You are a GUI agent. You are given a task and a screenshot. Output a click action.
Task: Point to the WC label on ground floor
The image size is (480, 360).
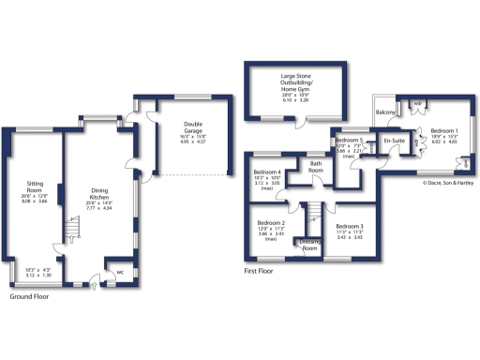[120, 274]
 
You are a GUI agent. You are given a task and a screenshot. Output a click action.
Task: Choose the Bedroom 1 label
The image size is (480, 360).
[443, 130]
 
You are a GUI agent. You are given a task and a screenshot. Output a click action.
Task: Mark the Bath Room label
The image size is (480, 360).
[317, 168]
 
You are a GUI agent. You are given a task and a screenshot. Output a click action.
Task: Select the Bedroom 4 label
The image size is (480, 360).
[268, 172]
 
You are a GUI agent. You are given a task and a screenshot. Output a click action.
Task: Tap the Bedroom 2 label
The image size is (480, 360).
[271, 223]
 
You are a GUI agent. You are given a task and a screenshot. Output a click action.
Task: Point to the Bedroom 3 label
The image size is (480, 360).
[349, 226]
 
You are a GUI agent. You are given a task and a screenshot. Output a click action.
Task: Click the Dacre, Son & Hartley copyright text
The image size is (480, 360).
[443, 182]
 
